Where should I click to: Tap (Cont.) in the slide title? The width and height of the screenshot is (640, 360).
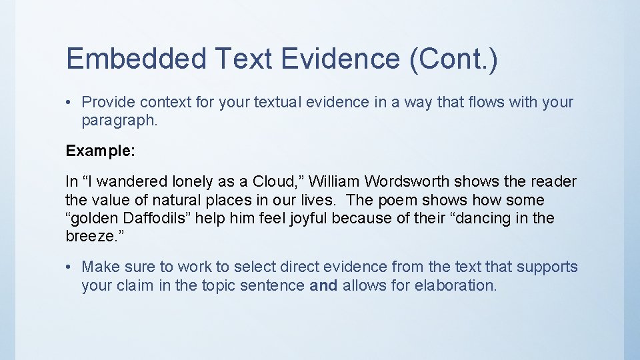(453, 59)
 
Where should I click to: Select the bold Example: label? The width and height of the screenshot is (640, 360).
(101, 151)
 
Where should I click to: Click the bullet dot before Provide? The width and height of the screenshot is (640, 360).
(69, 102)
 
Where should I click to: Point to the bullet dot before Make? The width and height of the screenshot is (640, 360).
(69, 267)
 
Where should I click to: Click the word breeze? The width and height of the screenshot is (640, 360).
(87, 236)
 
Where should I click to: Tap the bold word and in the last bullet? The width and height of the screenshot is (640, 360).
(324, 285)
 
